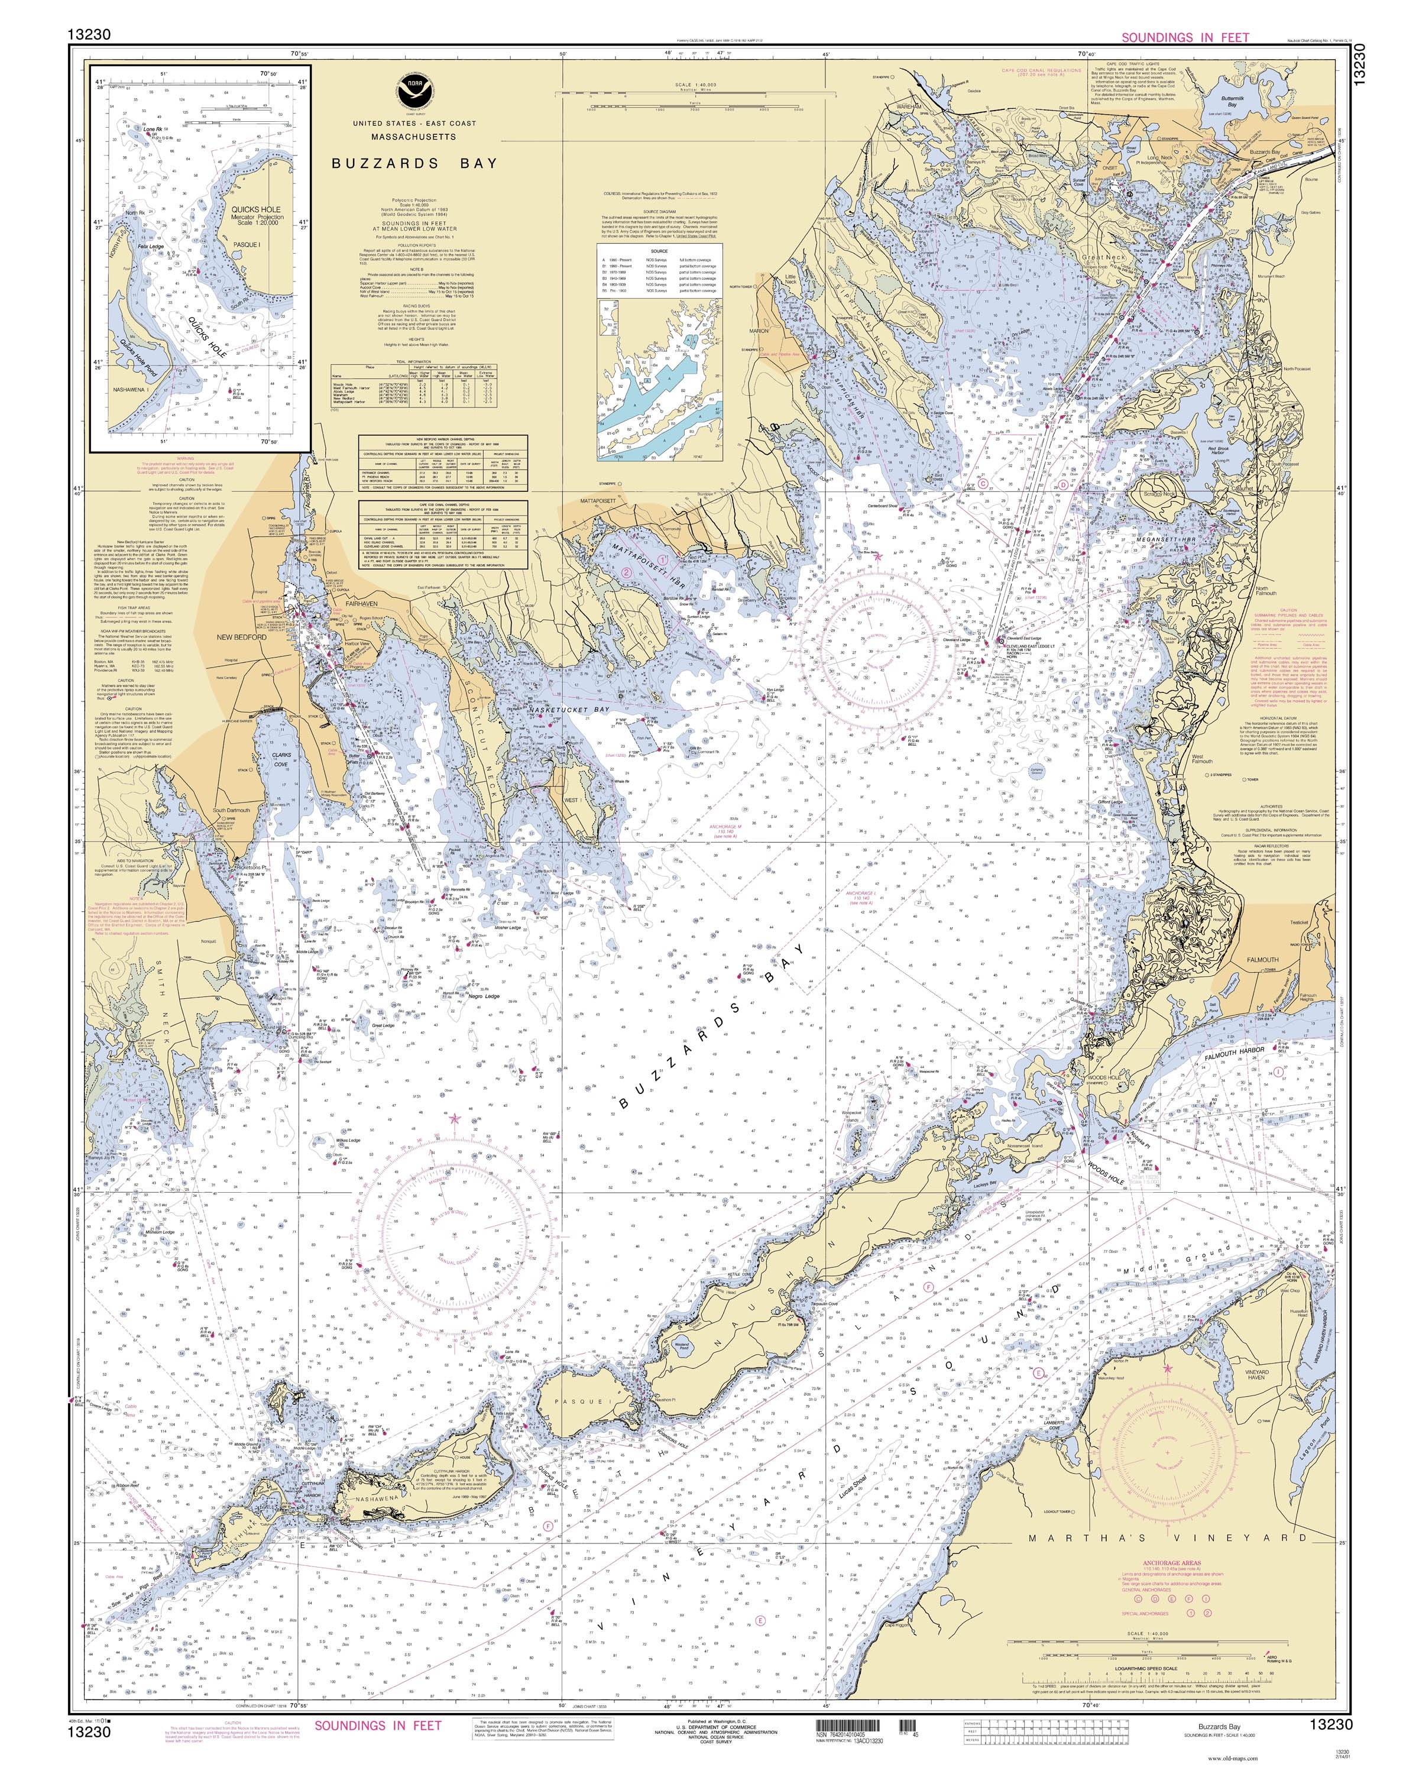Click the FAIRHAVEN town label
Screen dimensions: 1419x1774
361,603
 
